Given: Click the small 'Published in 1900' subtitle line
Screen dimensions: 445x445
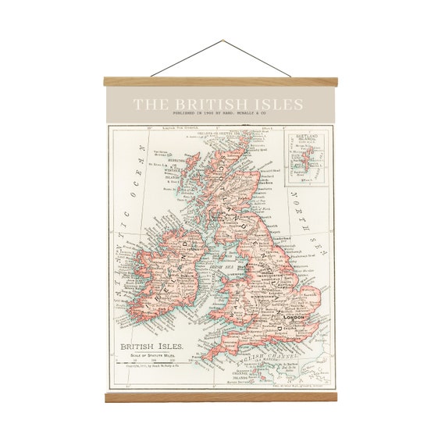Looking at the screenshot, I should tap(222, 116).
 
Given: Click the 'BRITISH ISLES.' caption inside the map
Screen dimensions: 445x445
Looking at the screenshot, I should tap(151, 345).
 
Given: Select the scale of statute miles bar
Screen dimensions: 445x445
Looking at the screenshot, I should tap(154, 360).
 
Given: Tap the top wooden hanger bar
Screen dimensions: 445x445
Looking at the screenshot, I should tap(222, 80).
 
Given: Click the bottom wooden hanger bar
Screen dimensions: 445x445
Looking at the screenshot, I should tap(222, 398).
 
